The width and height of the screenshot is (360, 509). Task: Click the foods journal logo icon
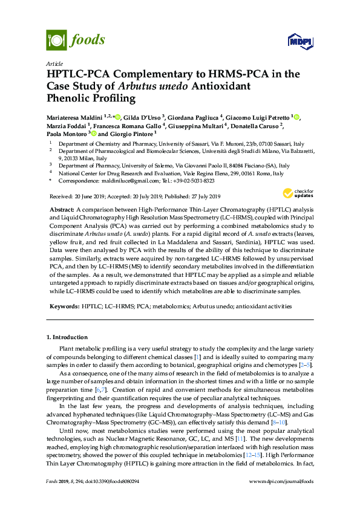point(56,41)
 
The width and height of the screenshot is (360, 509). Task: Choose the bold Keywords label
point(64,306)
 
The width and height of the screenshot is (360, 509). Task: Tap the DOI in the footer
point(118,498)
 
